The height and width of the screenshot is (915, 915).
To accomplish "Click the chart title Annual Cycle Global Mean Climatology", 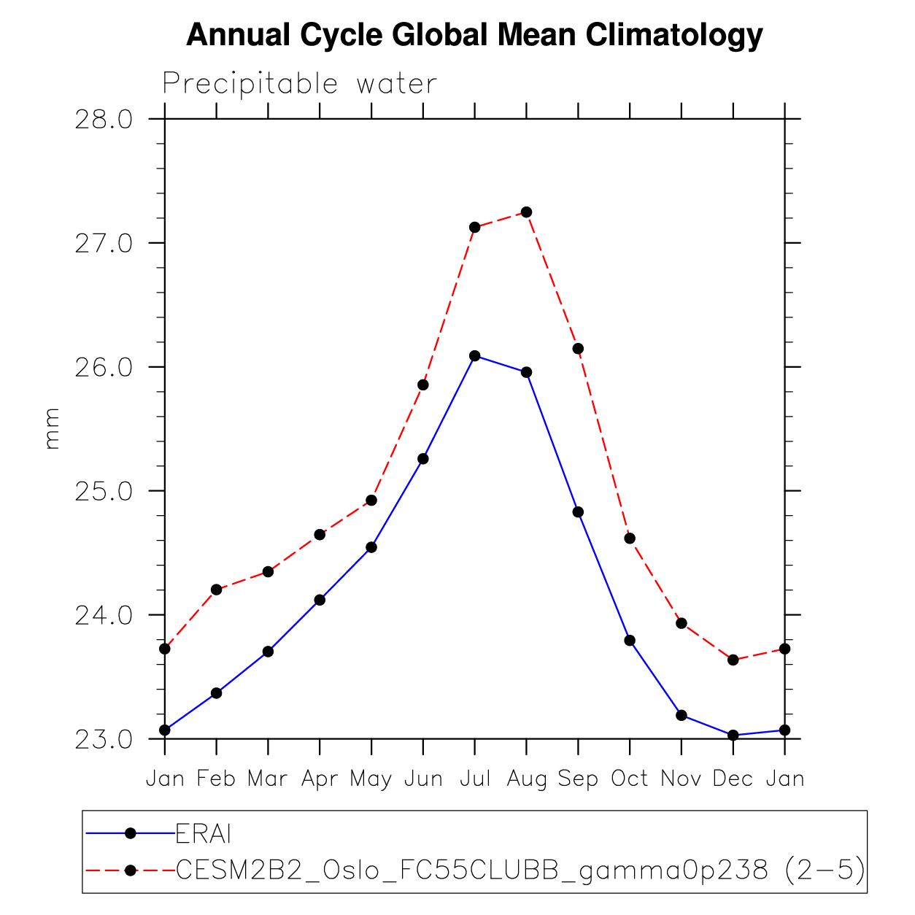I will (x=474, y=35).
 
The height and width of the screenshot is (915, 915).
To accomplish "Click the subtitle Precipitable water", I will (x=299, y=84).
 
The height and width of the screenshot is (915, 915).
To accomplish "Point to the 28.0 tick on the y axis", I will (x=104, y=119).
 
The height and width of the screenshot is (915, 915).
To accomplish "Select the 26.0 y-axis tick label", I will (x=104, y=367).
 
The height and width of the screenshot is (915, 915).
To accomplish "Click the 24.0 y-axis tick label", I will (x=104, y=615).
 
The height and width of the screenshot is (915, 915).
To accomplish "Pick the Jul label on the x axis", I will (x=474, y=779).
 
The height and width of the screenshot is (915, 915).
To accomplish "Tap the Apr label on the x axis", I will (x=320, y=779).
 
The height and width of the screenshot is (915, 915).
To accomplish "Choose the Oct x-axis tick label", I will (x=630, y=779).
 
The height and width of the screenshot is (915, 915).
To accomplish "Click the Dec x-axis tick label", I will (x=733, y=779).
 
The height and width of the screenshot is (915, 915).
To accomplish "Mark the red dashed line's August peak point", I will (x=526, y=212).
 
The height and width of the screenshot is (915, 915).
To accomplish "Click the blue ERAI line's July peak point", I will (x=475, y=356).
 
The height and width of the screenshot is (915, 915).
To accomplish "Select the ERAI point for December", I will (x=733, y=736).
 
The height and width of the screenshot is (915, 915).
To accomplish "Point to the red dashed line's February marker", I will (x=216, y=590).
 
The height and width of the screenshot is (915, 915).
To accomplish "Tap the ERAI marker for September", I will (x=578, y=512).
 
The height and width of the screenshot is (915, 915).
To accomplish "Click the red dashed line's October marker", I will (x=630, y=538).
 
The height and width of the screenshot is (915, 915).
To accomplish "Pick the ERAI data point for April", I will (x=320, y=600).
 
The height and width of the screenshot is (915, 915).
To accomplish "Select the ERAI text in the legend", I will (x=204, y=833).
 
